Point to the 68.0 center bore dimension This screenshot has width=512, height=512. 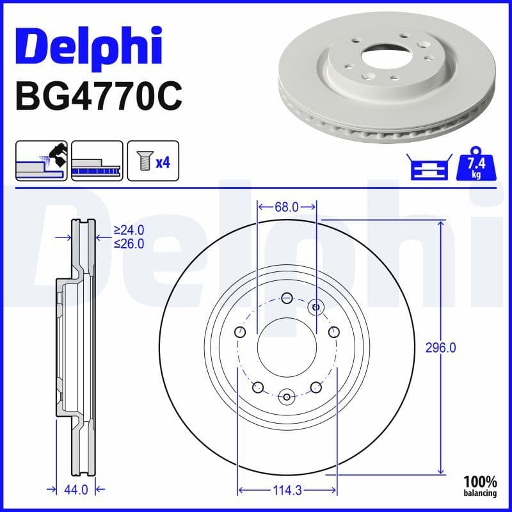click(287, 207)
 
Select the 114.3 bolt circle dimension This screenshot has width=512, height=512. click(287, 491)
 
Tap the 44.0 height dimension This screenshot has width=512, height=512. click(76, 490)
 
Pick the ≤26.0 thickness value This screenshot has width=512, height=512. click(129, 243)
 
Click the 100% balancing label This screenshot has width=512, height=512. click(481, 486)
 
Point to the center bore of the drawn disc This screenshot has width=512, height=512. click(287, 347)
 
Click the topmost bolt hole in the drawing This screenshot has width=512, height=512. click(287, 298)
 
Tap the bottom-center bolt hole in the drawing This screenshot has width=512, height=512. click(287, 396)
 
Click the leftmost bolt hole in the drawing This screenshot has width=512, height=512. click(240, 332)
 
